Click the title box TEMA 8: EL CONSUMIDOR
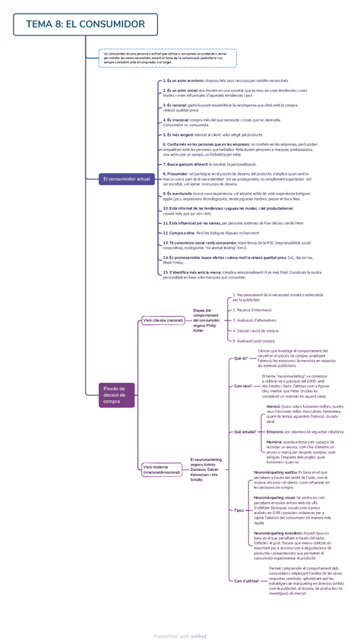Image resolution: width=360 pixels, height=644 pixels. (x=85, y=24)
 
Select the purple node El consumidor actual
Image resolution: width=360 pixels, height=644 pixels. (x=126, y=178)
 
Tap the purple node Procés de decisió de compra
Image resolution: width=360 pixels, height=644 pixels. (x=116, y=395)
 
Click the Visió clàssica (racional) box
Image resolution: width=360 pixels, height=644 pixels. (x=163, y=320)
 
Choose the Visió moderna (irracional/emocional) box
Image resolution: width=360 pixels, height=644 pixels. (x=162, y=469)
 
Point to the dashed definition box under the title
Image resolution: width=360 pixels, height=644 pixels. (x=168, y=58)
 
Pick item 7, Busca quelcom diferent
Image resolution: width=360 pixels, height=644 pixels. (x=210, y=164)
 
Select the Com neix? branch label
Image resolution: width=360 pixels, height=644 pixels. (x=242, y=386)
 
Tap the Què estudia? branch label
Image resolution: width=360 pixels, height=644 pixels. (x=245, y=431)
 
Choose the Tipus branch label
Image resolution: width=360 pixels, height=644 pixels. (x=239, y=510)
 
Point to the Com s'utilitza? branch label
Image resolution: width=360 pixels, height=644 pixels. (x=245, y=580)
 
